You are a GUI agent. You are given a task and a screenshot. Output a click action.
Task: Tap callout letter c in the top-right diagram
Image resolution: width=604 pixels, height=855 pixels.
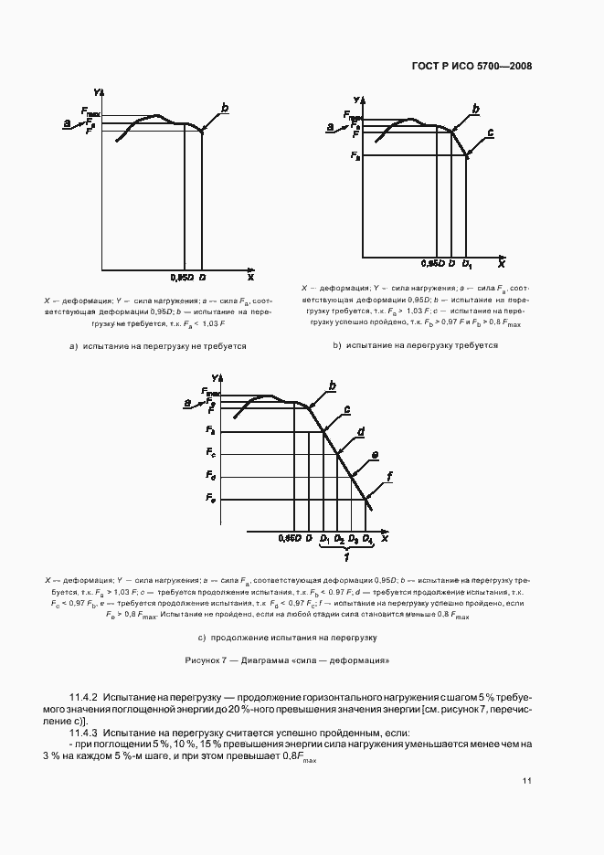click(491, 133)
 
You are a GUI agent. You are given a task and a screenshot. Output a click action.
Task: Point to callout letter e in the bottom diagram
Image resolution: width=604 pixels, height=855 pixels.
click(375, 454)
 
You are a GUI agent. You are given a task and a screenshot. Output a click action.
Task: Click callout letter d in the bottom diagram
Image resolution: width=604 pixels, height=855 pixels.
click(362, 431)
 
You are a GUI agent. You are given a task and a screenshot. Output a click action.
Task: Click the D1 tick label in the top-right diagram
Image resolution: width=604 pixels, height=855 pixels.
click(467, 265)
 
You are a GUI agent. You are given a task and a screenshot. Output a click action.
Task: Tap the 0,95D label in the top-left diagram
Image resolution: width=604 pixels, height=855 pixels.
click(182, 275)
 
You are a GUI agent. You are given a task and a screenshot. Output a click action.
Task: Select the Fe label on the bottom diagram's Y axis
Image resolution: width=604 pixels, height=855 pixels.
click(210, 499)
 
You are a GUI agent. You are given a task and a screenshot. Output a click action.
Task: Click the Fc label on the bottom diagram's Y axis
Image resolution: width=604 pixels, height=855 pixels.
click(210, 453)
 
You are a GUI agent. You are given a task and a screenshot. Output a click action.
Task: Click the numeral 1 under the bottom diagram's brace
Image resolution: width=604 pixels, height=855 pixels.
click(345, 556)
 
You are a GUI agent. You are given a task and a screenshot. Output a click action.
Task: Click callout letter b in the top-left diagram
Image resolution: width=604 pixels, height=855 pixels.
click(225, 109)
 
